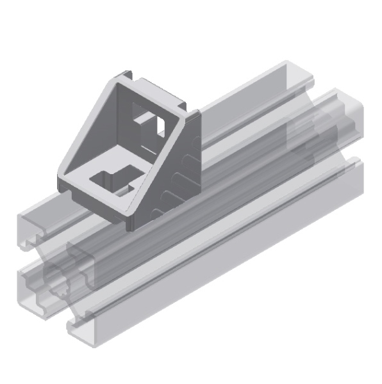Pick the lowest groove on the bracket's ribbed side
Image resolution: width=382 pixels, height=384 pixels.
[153, 209]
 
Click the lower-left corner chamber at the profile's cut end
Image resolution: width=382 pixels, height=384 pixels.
[32, 281]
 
